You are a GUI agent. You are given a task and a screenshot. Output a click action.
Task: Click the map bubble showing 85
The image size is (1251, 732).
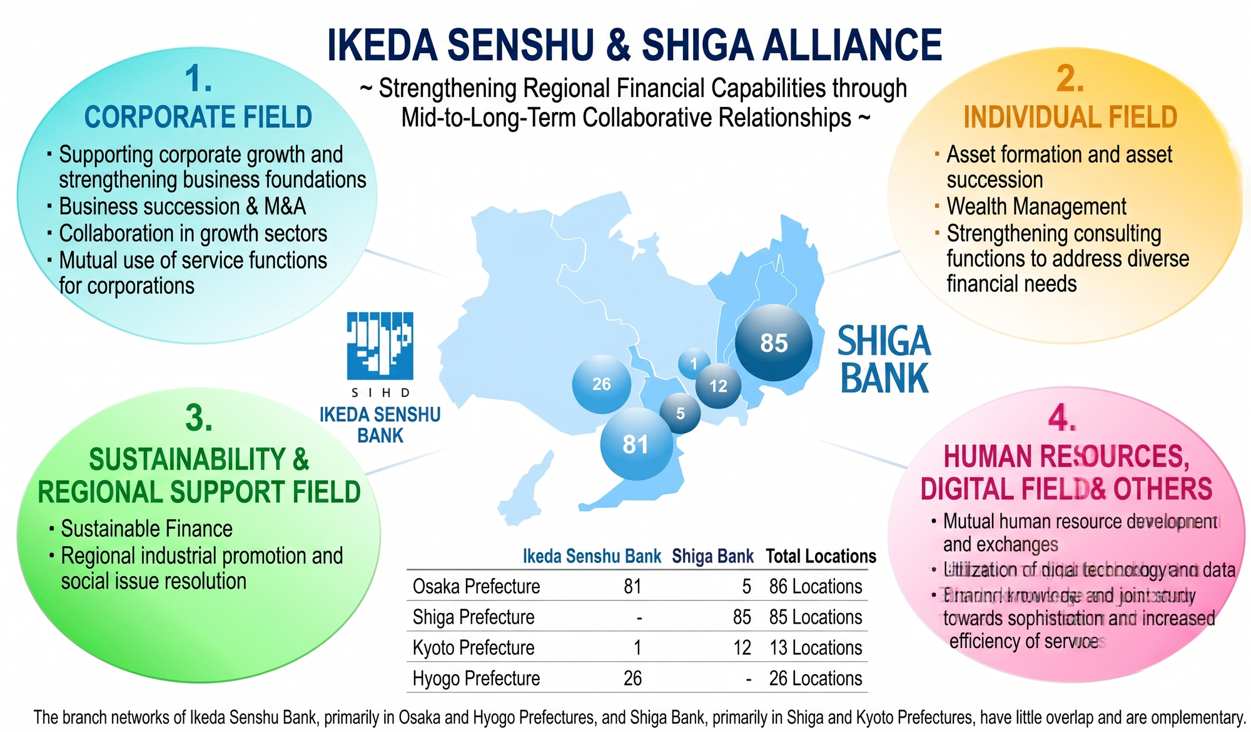click(774, 343)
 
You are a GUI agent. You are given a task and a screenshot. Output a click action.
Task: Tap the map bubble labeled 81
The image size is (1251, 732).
click(636, 444)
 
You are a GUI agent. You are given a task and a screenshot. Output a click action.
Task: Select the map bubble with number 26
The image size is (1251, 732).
click(601, 384)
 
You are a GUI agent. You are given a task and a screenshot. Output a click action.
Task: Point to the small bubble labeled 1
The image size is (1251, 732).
click(694, 363)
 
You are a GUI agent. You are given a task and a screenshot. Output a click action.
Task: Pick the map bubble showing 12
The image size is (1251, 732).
click(718, 386)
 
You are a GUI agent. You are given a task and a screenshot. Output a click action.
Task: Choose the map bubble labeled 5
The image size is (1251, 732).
click(680, 414)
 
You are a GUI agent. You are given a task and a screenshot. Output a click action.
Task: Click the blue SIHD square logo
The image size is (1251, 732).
click(380, 345)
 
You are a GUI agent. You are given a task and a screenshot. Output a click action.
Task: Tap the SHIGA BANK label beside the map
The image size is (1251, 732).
click(884, 360)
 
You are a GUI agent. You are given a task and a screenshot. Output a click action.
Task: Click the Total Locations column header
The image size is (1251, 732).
click(821, 556)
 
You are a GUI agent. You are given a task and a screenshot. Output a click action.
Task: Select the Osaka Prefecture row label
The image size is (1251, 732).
click(476, 586)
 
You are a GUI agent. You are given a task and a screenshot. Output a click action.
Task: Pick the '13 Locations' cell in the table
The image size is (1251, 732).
click(816, 648)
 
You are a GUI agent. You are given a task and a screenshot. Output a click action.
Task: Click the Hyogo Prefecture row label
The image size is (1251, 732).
click(476, 678)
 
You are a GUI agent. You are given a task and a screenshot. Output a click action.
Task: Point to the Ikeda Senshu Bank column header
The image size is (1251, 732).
click(592, 556)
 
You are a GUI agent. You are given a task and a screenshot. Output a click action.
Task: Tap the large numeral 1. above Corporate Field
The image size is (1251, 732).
click(198, 80)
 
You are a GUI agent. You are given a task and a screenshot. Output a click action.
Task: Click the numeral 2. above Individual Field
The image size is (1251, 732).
click(1070, 80)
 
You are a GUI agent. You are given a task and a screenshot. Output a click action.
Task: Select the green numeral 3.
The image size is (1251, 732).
click(198, 418)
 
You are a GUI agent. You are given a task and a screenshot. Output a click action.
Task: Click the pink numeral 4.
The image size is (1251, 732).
click(1062, 418)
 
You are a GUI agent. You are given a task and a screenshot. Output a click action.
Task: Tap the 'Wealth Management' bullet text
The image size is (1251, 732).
click(1036, 206)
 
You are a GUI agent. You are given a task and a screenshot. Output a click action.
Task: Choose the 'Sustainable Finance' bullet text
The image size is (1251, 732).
click(146, 529)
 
